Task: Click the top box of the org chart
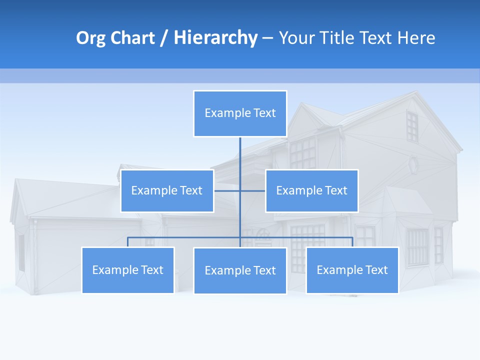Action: click(240, 113)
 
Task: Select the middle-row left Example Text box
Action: click(167, 190)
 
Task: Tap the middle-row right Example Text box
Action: click(311, 190)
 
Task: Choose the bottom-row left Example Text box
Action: click(127, 270)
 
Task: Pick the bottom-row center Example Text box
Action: click(240, 270)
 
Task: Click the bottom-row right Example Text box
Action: click(352, 270)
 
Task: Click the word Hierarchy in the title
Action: click(215, 38)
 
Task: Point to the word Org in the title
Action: click(90, 38)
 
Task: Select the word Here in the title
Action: click(416, 38)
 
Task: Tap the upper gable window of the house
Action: click(411, 126)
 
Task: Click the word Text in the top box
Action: click(264, 113)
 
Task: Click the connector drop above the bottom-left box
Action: click(127, 242)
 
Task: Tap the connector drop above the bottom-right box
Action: click(352, 242)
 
